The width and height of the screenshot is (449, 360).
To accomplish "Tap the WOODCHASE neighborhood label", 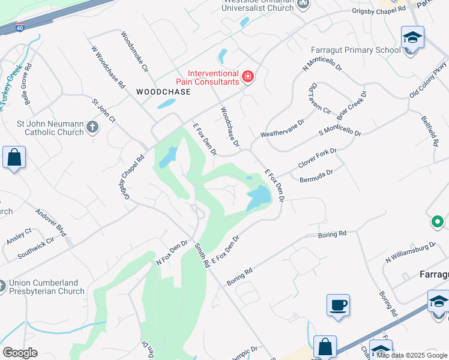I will (163, 92).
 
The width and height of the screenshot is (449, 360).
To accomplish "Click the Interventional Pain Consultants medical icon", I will (247, 76).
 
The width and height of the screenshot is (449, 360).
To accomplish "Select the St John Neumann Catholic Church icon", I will (92, 127).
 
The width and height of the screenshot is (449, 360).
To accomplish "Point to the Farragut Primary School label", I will (355, 50).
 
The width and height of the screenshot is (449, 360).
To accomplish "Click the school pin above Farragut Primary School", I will (412, 38).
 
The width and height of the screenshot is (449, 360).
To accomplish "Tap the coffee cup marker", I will (338, 305).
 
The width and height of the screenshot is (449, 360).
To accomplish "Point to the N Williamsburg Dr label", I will (411, 251).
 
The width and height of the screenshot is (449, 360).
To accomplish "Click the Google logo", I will (20, 353).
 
